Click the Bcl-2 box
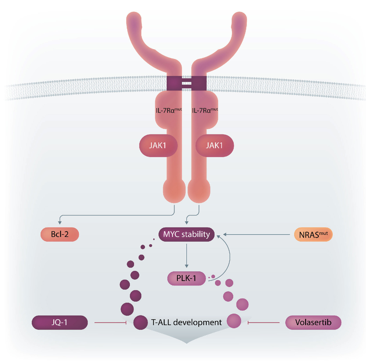[60, 234]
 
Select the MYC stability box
[186, 234]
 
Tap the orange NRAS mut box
[313, 235]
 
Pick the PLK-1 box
[186, 278]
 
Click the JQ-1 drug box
[60, 323]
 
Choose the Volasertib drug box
[313, 323]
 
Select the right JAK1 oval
[215, 145]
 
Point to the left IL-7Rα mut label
[168, 110]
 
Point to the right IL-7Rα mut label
[205, 110]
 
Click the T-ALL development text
[186, 323]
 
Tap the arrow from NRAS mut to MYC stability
[256, 235]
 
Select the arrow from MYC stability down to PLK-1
[186, 256]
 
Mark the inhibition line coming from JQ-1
[110, 323]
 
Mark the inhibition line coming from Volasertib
[263, 323]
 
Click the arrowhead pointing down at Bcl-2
[60, 222]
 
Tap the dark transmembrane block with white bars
[186, 83]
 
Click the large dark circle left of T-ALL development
[141, 323]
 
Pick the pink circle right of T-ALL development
[234, 321]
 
